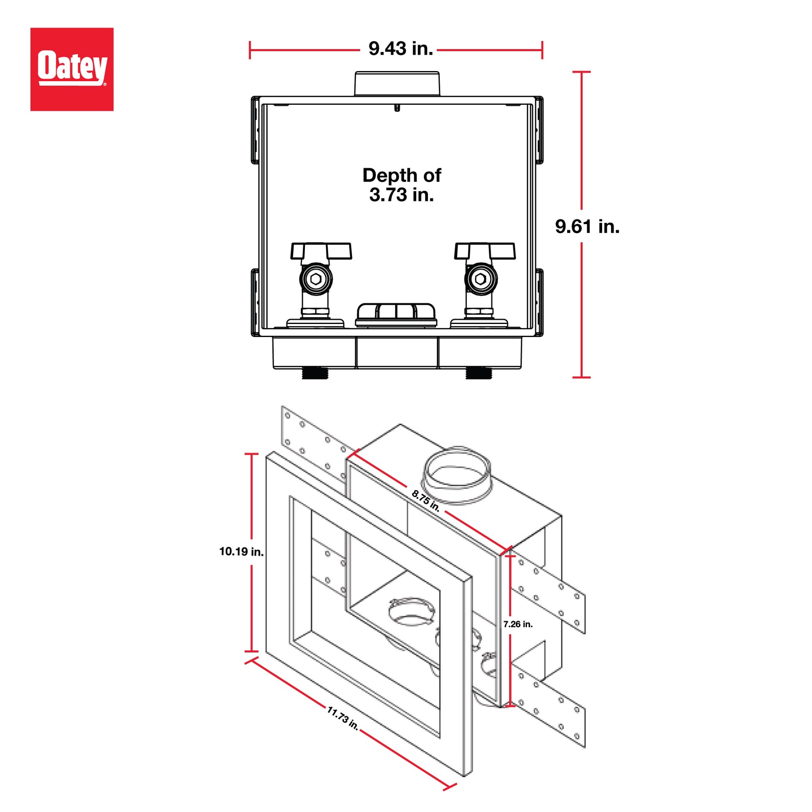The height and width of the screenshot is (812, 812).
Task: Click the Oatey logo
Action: (x=72, y=69)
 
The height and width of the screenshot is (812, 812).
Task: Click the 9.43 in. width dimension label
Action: (x=400, y=49)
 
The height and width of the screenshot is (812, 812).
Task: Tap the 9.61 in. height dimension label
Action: (x=587, y=227)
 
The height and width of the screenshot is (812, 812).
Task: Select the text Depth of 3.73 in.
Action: (x=401, y=185)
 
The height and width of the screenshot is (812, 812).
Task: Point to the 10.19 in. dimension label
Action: (x=241, y=551)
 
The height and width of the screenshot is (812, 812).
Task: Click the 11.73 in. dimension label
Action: (x=343, y=718)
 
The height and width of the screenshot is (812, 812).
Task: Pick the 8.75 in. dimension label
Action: (x=425, y=500)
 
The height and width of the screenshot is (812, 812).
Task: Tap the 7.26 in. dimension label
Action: (x=518, y=624)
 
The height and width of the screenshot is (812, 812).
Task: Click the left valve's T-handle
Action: (x=321, y=250)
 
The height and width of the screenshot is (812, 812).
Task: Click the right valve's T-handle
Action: (x=485, y=250)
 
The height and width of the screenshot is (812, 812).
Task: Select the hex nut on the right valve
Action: (x=480, y=279)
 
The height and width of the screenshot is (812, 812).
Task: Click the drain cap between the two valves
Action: (x=396, y=314)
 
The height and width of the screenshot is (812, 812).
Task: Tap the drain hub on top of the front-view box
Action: (x=397, y=83)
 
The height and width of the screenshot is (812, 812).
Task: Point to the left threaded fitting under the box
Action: (x=315, y=373)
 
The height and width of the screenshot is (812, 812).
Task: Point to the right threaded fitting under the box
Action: (x=478, y=373)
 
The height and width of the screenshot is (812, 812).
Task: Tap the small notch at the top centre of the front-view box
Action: (x=397, y=108)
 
